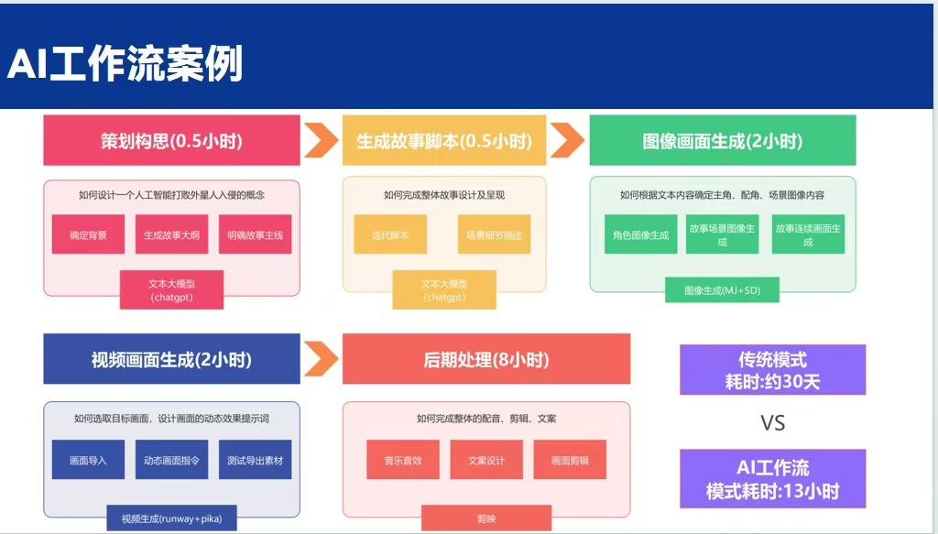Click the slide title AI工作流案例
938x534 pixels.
pos(125,65)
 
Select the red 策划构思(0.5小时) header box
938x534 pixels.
pos(171,141)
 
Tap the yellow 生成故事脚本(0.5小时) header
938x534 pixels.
pos(444,141)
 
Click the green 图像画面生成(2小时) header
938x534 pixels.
pos(722,141)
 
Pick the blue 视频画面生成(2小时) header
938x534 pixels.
pos(171,359)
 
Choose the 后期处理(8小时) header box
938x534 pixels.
pos(486,359)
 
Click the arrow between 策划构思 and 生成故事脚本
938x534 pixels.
pos(322,141)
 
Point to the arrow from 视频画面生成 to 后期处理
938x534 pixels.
pos(322,358)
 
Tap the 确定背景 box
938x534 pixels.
pos(88,234)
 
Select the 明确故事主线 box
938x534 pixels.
pos(256,234)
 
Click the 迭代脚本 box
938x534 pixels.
pos(390,234)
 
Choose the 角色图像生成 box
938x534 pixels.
pos(641,234)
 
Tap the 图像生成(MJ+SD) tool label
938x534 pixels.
pos(722,290)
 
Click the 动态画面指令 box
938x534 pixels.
pos(171,460)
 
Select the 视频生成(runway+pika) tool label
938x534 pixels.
pos(171,519)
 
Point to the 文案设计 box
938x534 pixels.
pos(486,460)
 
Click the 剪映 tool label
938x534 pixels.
pos(486,519)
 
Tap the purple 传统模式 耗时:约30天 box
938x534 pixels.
pos(772,370)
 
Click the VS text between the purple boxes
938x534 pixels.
pos(772,423)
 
